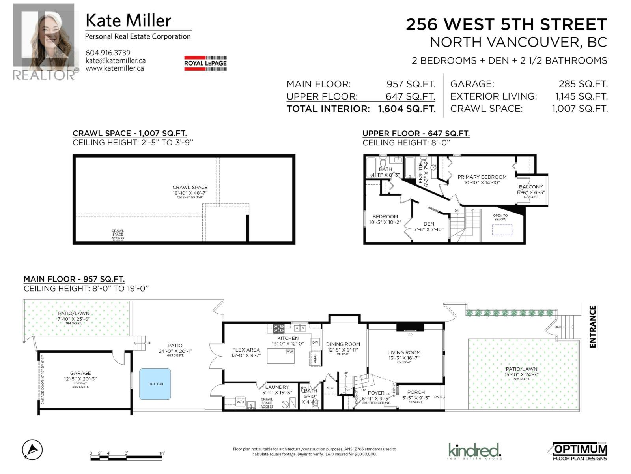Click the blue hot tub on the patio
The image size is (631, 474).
tap(155, 384)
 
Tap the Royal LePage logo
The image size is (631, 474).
tap(205, 63)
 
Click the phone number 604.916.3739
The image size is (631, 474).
tap(108, 53)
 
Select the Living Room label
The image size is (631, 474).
tap(404, 352)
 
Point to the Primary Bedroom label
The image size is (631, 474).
tap(482, 177)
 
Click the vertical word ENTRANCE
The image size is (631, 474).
tap(592, 327)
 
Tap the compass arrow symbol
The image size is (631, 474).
tap(32, 450)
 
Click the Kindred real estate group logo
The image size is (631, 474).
tap(474, 451)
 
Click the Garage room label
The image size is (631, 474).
tap(80, 373)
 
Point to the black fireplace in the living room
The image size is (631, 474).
tap(410, 327)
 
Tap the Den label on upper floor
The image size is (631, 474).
tap(429, 224)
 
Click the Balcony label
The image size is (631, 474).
tap(530, 187)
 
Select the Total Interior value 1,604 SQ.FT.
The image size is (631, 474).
tap(407, 109)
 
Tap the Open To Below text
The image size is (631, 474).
tap(500, 217)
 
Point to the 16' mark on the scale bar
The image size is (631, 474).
tap(162, 453)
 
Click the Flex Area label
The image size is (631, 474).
tap(246, 350)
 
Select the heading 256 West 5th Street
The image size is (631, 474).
tap(506, 24)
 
